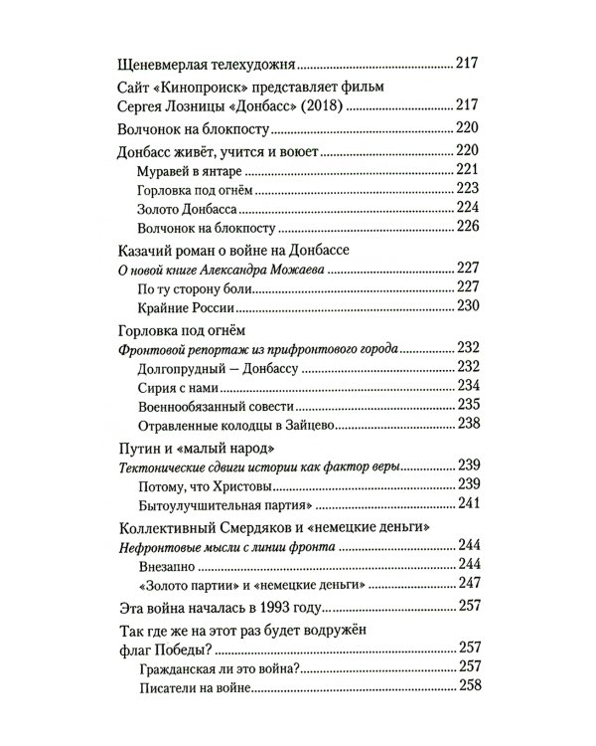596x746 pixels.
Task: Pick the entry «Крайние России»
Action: pyautogui.click(x=179, y=306)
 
